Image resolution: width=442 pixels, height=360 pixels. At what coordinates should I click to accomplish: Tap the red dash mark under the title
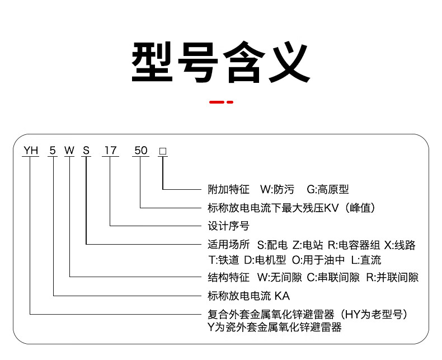[220, 102]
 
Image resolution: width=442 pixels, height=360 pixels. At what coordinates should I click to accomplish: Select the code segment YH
[30, 150]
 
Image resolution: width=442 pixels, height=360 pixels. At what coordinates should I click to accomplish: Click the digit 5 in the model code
[53, 150]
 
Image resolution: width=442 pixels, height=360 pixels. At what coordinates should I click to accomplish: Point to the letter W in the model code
[69, 150]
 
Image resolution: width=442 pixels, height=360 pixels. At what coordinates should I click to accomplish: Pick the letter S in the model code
[86, 150]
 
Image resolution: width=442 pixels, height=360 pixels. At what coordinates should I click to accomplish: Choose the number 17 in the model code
[110, 150]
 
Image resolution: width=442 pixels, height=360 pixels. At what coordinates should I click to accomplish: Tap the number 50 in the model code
[141, 150]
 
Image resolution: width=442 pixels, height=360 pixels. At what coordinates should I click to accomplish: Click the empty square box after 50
[163, 151]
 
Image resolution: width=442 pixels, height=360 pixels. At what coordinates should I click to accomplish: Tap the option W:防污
[277, 190]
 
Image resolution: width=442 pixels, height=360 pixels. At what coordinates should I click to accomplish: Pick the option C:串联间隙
[333, 277]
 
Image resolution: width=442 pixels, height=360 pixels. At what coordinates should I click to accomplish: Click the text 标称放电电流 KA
[248, 295]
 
